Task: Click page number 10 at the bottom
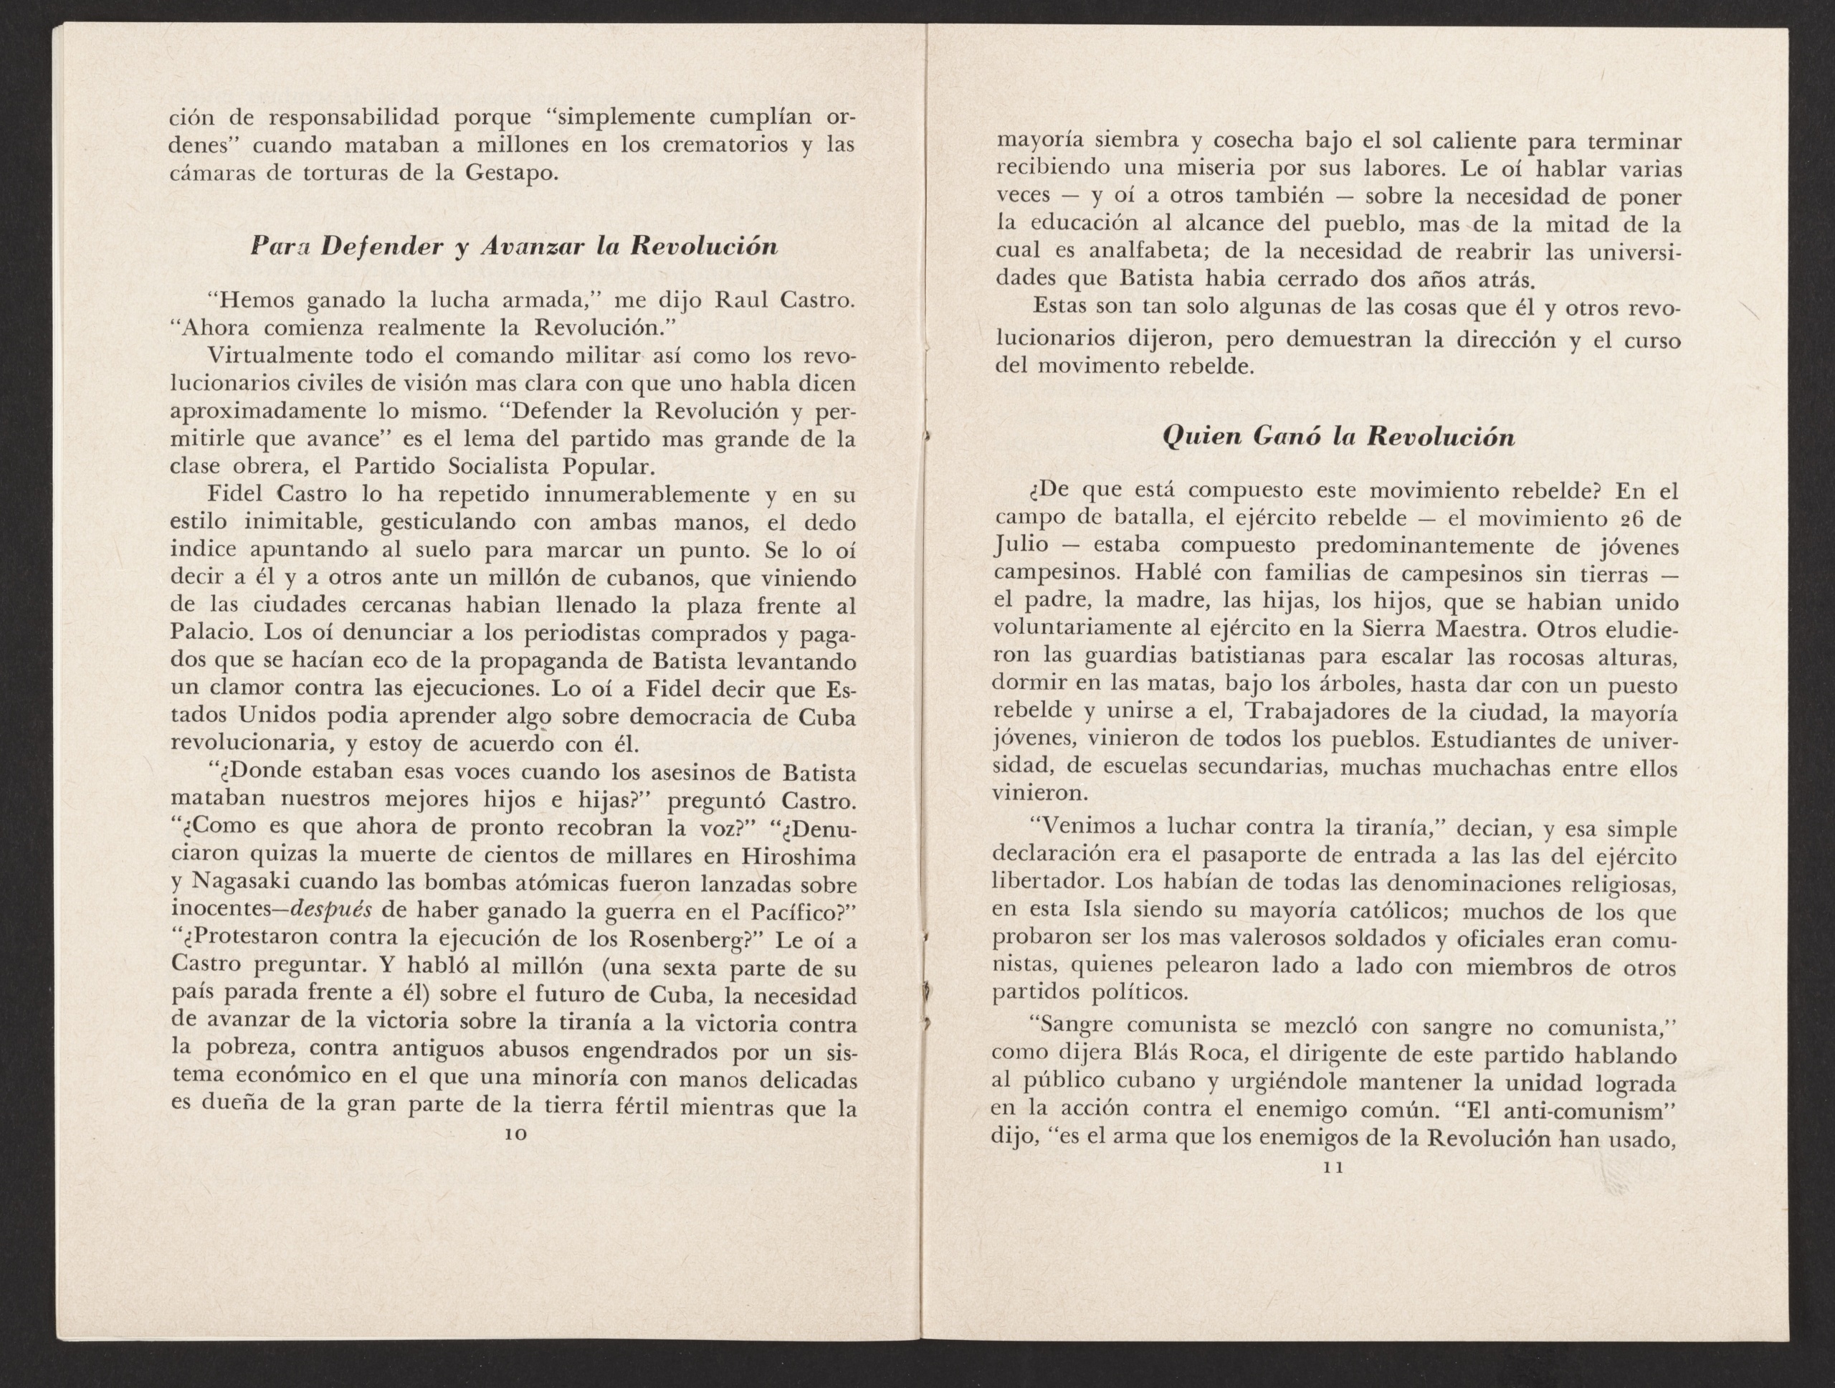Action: (515, 1133)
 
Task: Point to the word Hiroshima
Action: (798, 855)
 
